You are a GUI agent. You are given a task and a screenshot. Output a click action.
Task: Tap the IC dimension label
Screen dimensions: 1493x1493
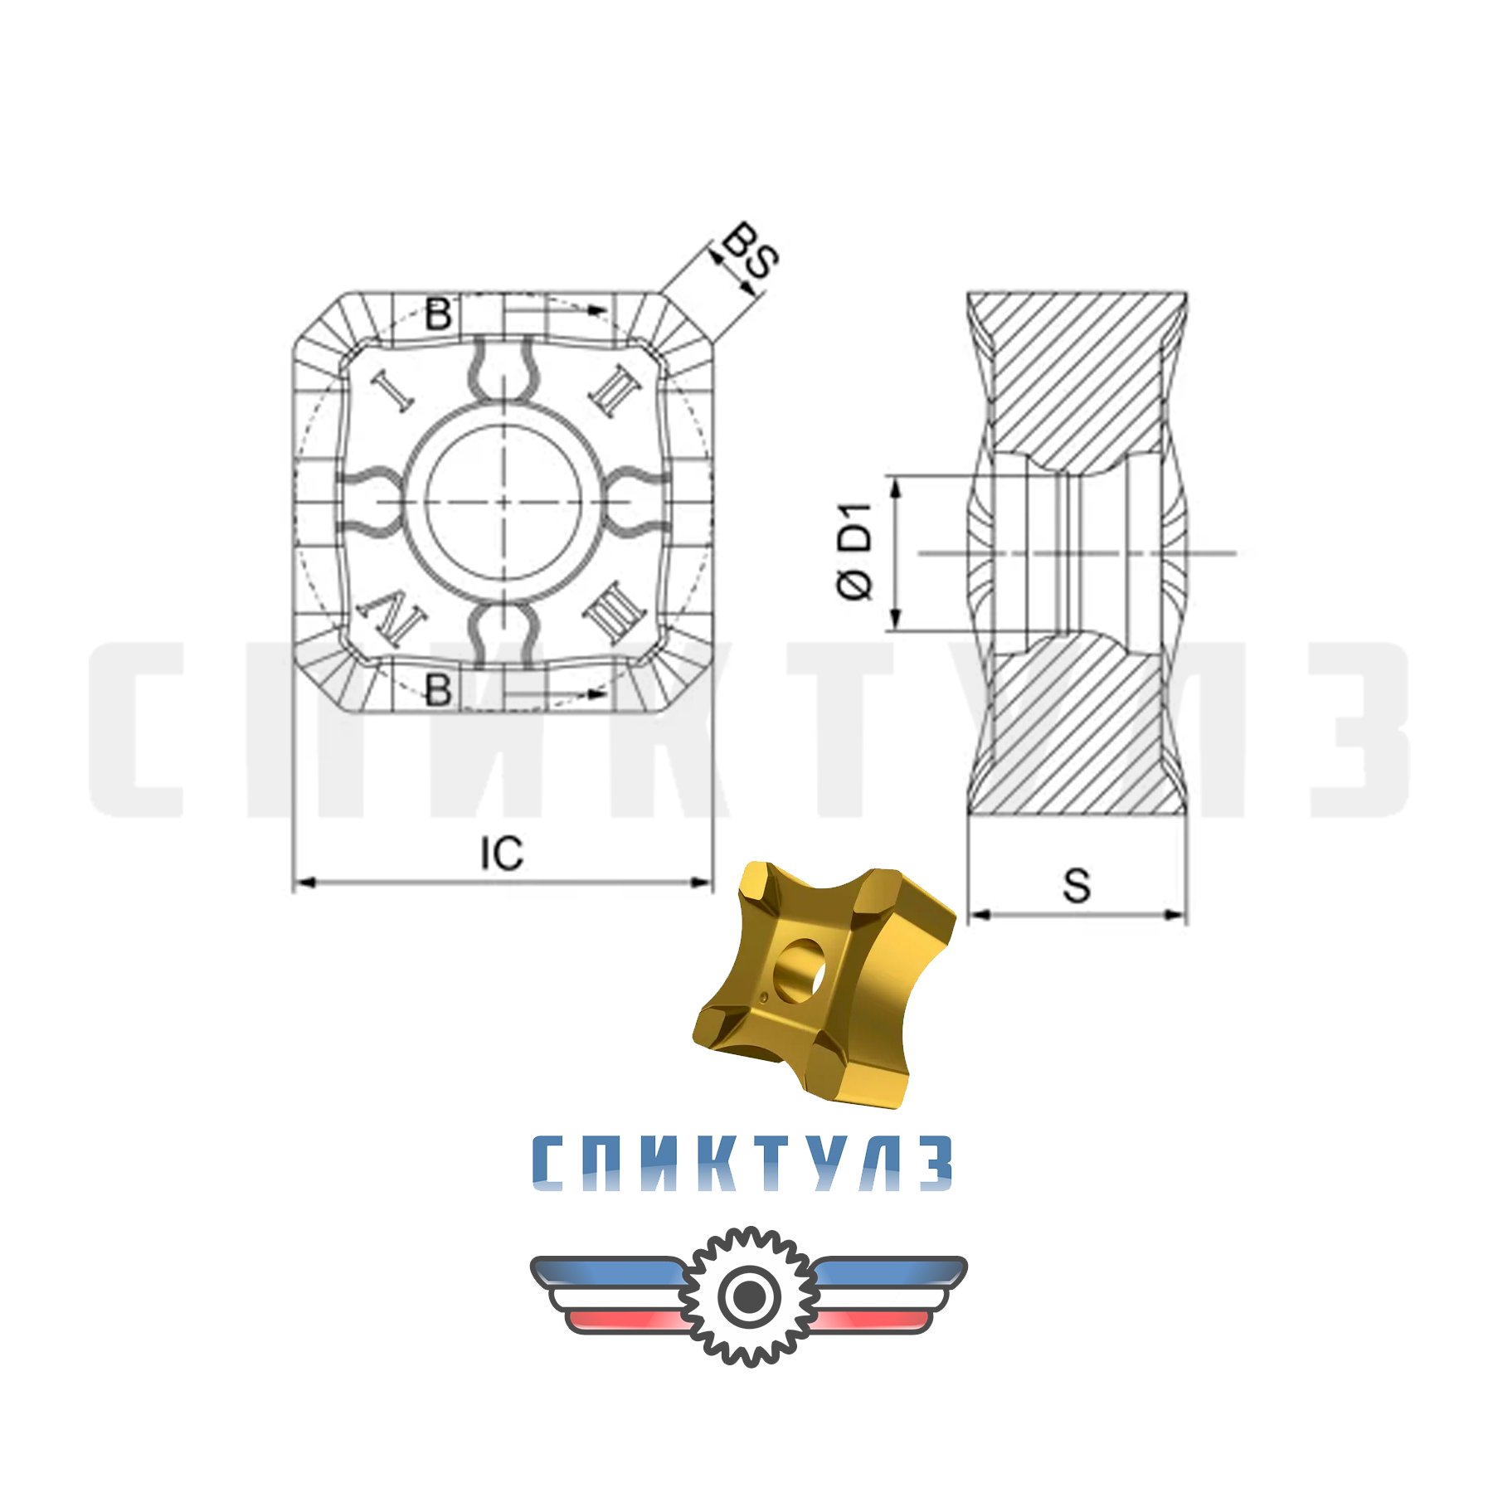tap(502, 853)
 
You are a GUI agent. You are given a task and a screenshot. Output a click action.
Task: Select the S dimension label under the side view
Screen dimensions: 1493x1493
tap(1077, 886)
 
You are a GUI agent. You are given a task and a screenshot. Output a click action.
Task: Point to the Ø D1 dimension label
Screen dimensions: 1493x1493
tap(854, 551)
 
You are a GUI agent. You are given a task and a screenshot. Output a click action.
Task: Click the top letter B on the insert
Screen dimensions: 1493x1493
tap(438, 314)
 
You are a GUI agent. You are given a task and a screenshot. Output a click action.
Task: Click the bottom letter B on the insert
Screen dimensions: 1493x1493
tap(438, 689)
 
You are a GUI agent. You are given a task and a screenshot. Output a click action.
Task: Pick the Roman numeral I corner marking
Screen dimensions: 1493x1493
tap(392, 390)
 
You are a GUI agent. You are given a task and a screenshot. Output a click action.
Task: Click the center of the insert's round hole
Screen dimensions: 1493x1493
tap(503, 502)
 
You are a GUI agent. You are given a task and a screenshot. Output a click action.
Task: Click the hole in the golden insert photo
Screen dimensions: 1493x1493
tap(800, 966)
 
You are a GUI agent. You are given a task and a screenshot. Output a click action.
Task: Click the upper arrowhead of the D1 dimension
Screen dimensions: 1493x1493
tap(895, 489)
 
